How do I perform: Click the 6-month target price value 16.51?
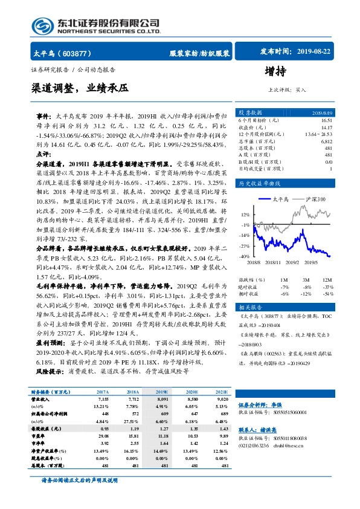click(x=326, y=121)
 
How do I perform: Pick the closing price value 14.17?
click(x=326, y=127)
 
